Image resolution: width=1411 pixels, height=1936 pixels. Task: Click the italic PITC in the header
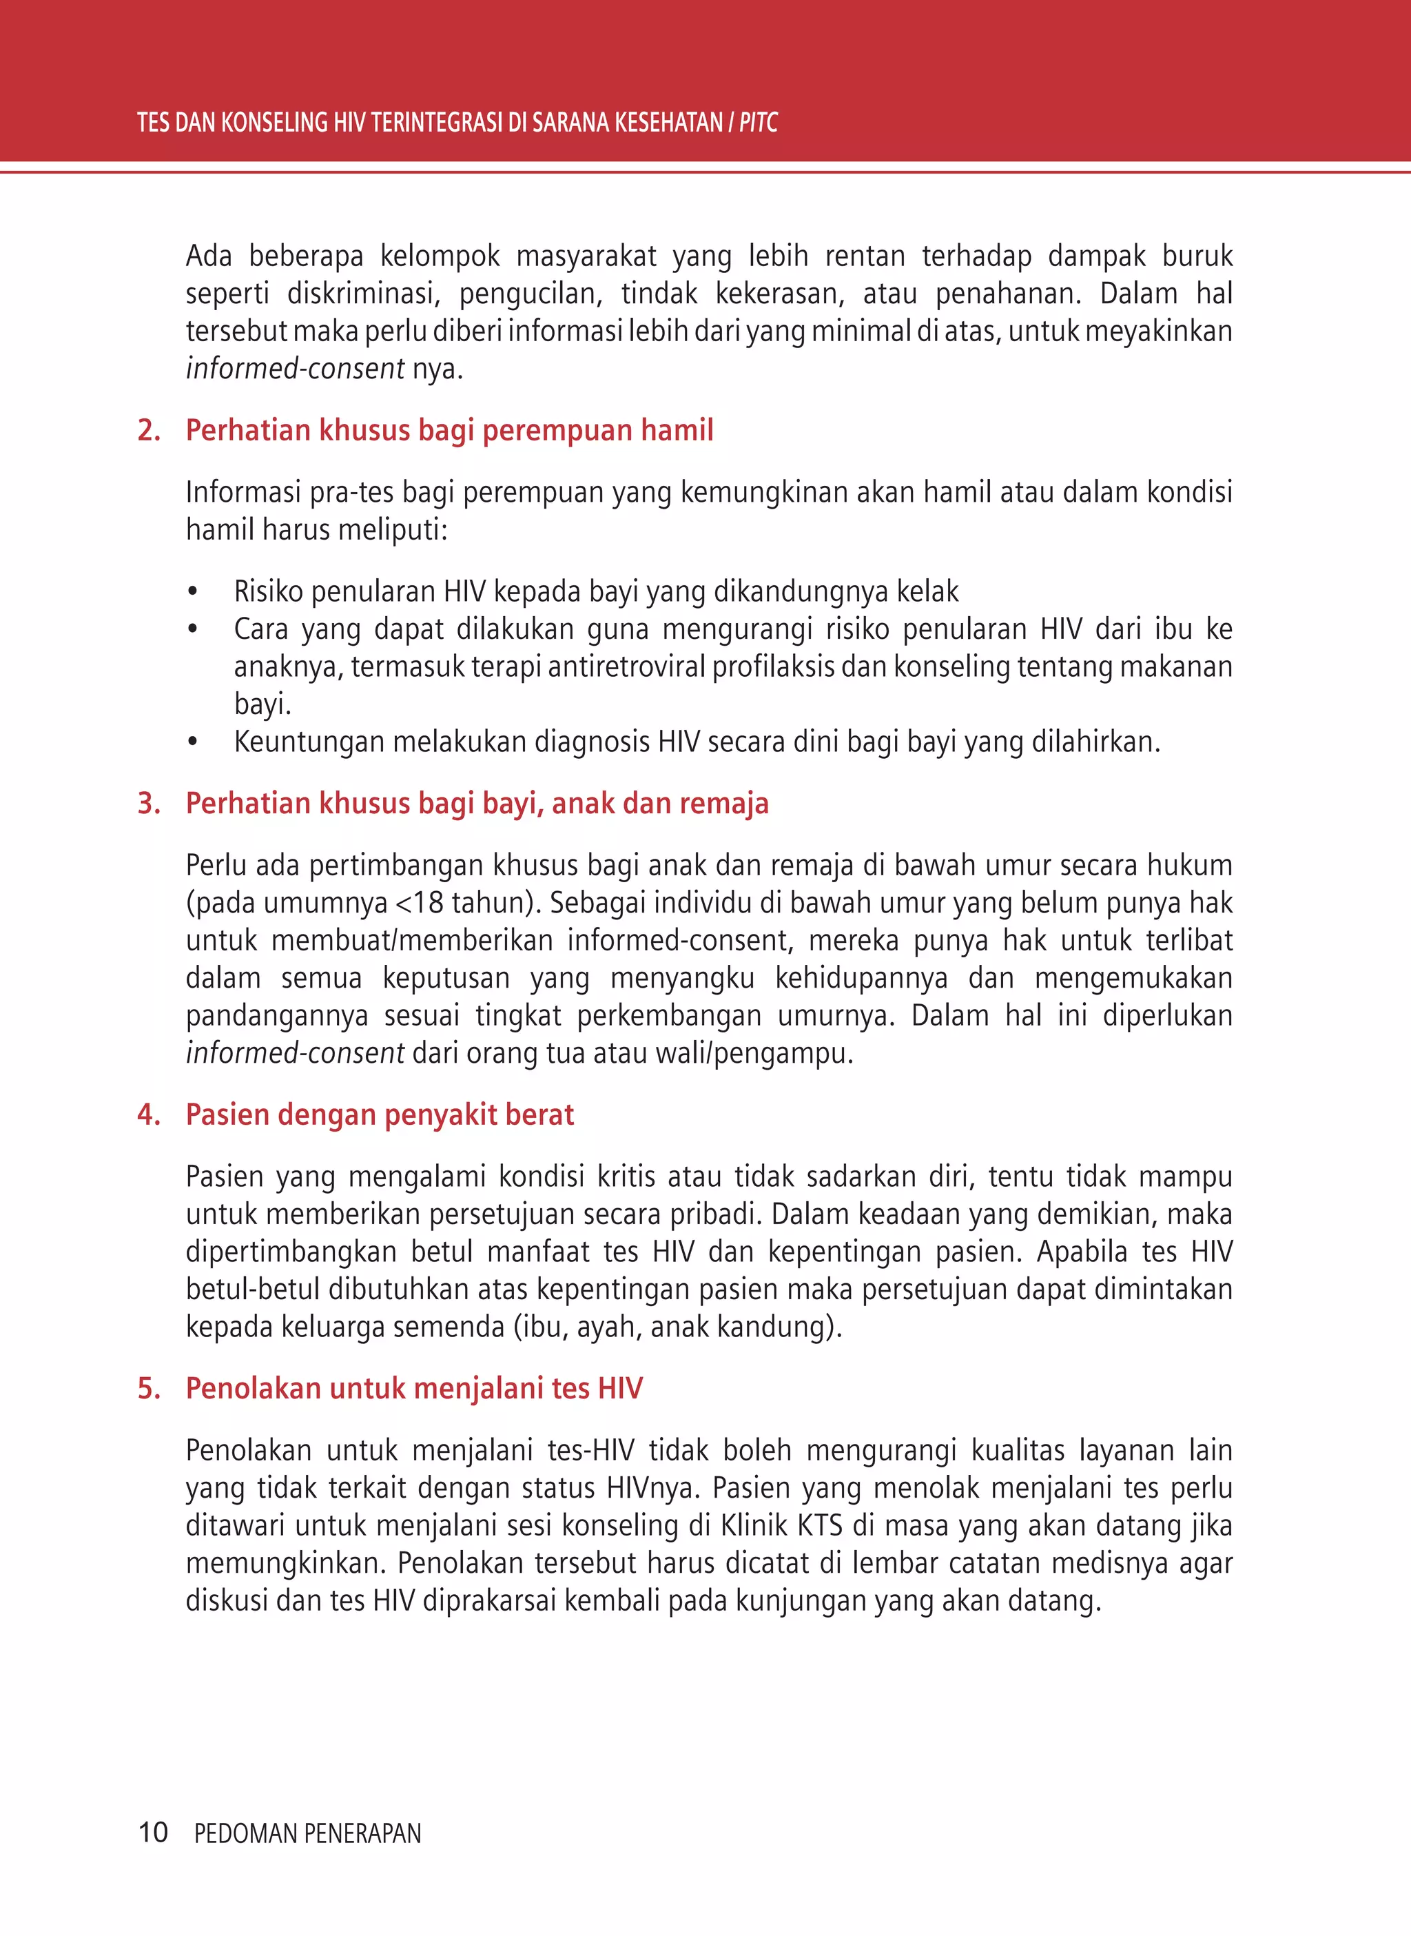tap(758, 123)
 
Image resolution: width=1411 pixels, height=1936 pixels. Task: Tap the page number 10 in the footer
tap(153, 1832)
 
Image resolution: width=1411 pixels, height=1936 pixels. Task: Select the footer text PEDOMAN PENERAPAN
tap(307, 1833)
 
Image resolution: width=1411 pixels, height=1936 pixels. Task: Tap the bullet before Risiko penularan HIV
tap(193, 592)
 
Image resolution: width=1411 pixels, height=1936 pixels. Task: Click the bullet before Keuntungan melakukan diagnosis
tap(193, 742)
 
